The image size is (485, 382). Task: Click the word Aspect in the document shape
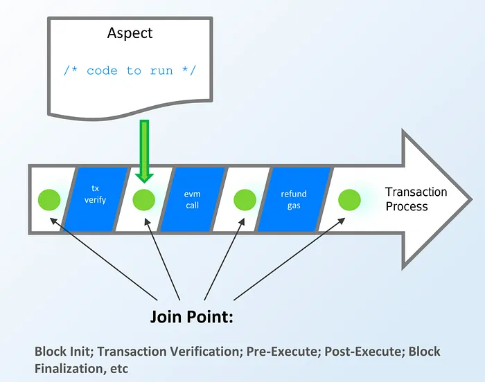click(131, 33)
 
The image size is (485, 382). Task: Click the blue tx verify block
click(96, 199)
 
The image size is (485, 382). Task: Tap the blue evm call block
click(193, 199)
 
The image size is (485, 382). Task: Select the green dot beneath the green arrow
click(144, 200)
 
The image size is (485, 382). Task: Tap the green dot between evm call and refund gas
click(245, 200)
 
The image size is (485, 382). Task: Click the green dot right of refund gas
click(349, 200)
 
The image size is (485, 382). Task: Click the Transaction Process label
click(416, 199)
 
